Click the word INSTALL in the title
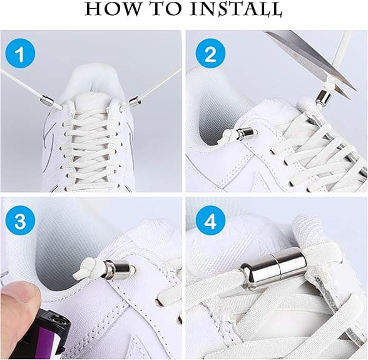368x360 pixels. pyautogui.click(x=235, y=9)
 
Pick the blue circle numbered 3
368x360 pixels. pyautogui.click(x=20, y=222)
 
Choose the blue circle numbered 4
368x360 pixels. pyautogui.click(x=210, y=222)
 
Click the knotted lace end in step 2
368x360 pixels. pyautogui.click(x=225, y=137)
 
